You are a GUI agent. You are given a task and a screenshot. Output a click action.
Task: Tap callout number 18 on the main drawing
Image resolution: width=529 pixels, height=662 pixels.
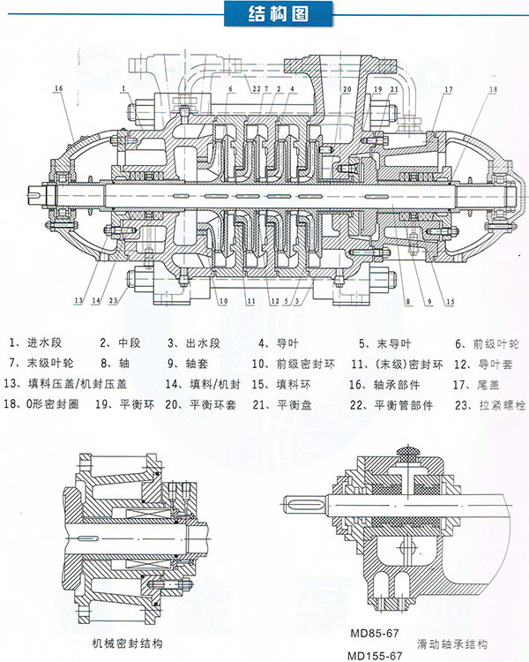point(492,89)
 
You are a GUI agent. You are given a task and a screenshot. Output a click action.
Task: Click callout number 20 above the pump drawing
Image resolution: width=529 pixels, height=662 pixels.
point(346,89)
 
